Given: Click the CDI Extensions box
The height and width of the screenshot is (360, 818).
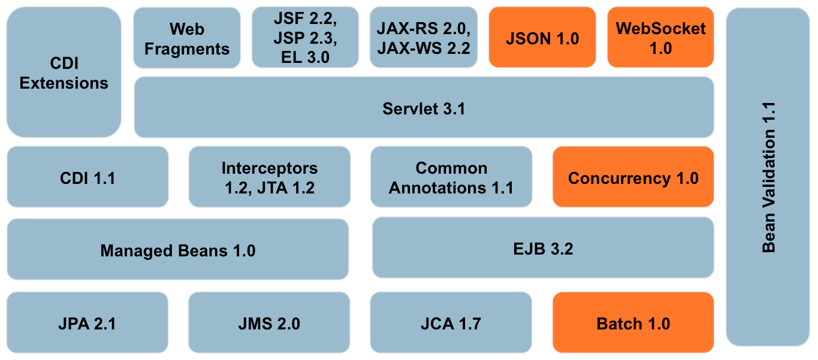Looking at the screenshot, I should point(64,73).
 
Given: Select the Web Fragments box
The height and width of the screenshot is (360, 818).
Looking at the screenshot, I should point(187,38).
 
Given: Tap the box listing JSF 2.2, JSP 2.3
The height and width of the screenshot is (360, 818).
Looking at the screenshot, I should point(305,37).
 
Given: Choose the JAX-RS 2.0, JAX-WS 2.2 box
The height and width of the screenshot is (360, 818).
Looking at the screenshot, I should point(424,37).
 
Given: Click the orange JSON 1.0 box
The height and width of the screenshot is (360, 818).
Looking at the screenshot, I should point(542,38).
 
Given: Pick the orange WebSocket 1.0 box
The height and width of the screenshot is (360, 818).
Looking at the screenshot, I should point(660,38).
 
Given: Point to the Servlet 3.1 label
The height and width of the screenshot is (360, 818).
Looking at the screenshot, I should point(424,109).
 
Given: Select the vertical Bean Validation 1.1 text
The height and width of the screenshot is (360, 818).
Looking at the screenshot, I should point(768,177).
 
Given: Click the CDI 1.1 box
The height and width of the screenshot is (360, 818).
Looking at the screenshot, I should point(87,178).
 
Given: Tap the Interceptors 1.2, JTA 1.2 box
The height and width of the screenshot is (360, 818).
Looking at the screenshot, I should point(269,178).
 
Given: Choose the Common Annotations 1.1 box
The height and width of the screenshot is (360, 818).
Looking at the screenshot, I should point(451,178).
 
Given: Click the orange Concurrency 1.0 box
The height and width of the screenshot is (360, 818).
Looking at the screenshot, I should point(633,178).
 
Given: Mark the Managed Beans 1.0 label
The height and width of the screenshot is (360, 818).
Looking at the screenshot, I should point(177,250).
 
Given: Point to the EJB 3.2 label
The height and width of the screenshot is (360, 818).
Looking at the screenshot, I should point(543,249).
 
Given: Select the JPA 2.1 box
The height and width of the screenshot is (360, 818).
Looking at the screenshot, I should point(87,324).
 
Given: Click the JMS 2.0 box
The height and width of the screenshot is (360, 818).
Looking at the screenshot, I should point(269,324).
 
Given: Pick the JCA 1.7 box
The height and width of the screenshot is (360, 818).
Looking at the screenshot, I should point(451,324).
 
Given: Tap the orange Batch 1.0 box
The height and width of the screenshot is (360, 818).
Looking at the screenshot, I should point(633,324).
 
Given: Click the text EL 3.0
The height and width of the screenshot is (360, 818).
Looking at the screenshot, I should point(305,58).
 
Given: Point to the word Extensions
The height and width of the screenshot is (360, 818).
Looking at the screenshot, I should point(64,83).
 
